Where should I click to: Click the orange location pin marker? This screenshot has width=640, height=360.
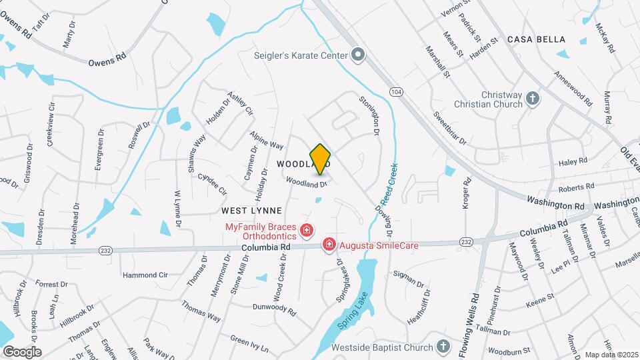(321, 159)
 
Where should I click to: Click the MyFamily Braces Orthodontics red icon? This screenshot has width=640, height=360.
(306, 231)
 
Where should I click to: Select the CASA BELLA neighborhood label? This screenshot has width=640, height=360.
(537, 40)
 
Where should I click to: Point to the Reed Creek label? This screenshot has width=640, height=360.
(390, 185)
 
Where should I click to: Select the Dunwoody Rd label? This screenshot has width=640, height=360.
(274, 307)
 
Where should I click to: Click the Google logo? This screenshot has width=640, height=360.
(22, 351)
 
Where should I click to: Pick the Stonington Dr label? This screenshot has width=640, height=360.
(369, 117)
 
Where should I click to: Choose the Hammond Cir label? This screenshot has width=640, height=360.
(145, 275)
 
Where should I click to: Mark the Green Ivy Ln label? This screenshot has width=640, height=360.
(249, 344)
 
